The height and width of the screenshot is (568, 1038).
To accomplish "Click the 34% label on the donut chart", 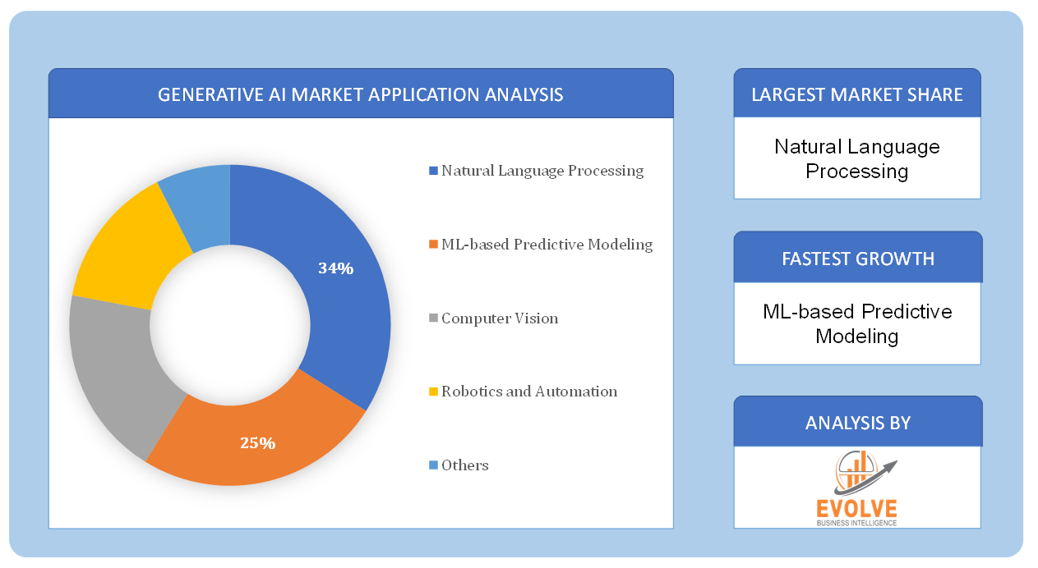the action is (335, 268).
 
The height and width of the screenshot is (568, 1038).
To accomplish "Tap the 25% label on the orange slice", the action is (257, 443).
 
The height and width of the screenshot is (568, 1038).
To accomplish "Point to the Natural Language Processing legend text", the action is (542, 171).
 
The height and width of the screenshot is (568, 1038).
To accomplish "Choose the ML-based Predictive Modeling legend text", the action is (547, 245).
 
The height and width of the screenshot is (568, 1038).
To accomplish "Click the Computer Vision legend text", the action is (500, 318).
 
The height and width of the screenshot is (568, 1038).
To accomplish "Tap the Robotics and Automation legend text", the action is (529, 392).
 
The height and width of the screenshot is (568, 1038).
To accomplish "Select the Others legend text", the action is (465, 465).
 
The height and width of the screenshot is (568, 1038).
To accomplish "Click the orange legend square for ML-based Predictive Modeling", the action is (433, 244).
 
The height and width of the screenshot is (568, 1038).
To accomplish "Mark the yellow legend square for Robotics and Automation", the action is (433, 392).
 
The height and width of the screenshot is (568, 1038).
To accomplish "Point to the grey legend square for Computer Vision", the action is (433, 318).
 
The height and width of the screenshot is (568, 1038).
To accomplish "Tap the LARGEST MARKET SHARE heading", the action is (857, 95).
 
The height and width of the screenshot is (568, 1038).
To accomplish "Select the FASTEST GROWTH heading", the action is (858, 259).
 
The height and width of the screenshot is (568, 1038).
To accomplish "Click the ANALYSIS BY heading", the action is (858, 423).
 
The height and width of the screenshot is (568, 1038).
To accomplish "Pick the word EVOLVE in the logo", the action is (857, 509).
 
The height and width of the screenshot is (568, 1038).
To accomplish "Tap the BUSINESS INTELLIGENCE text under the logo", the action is (857, 523).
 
